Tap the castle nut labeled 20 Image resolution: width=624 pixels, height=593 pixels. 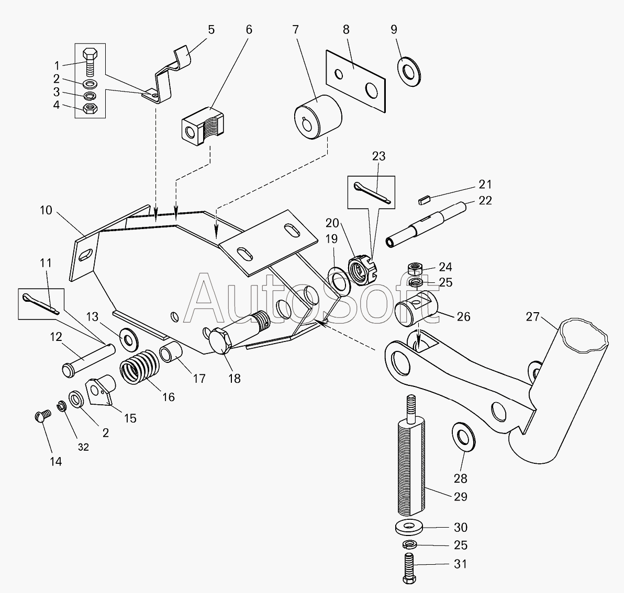(363, 271)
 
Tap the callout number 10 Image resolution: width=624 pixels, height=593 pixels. (46, 211)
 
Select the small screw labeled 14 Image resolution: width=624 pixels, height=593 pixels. (42, 416)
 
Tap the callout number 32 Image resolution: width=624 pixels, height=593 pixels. (84, 447)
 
